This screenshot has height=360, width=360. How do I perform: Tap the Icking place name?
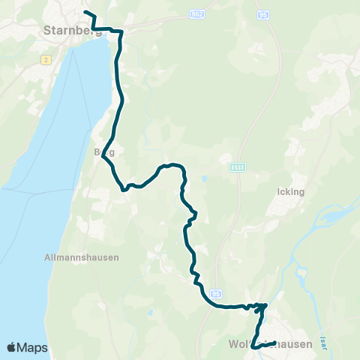point(290,191)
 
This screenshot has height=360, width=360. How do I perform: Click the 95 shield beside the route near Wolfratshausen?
point(217,294)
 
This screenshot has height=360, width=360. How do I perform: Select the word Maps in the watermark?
point(34,348)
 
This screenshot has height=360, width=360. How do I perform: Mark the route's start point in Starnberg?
point(85,13)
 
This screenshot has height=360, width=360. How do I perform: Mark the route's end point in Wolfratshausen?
point(275,343)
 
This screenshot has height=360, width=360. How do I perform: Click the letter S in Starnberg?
point(38,30)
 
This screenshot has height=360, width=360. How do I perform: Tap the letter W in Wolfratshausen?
point(231,345)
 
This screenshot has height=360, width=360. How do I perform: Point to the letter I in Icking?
point(277,191)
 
